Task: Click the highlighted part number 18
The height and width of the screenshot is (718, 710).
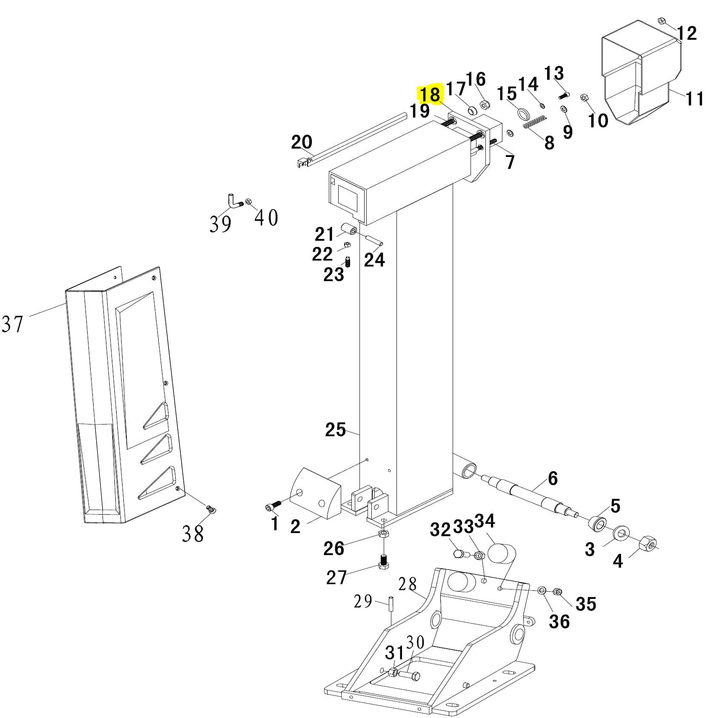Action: [430, 94]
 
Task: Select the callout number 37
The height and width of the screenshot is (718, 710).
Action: [12, 324]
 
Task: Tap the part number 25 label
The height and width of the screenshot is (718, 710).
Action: [335, 430]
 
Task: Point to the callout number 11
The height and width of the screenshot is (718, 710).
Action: [694, 99]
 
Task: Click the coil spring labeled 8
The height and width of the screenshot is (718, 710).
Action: [533, 122]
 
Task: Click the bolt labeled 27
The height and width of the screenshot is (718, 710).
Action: [383, 563]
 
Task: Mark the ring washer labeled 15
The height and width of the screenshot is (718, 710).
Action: [523, 114]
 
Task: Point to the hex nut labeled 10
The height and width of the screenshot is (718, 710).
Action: [584, 98]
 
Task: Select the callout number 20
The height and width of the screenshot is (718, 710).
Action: [301, 142]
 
